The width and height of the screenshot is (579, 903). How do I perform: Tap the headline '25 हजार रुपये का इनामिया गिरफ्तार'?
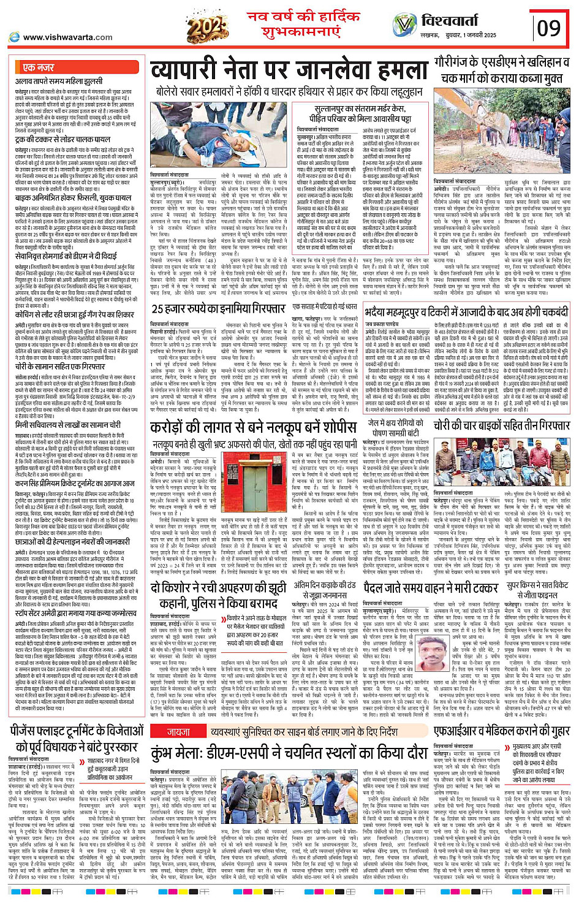(218, 309)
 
